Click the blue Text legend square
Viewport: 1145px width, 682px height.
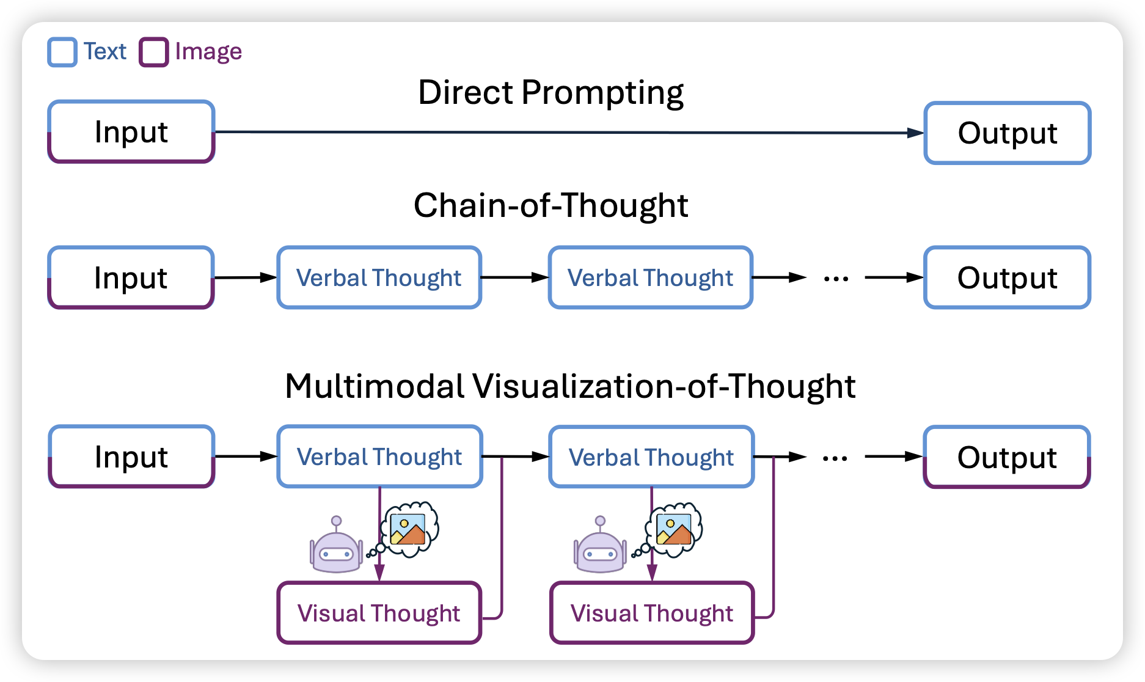62,52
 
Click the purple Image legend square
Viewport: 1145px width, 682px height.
154,52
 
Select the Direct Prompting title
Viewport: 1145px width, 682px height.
551,93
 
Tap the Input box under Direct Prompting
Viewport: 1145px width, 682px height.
131,132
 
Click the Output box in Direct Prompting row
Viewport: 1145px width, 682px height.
1008,133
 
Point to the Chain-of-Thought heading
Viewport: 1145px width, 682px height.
551,205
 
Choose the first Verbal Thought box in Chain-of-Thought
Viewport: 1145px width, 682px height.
379,277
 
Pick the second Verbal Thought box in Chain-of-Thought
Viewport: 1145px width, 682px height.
650,277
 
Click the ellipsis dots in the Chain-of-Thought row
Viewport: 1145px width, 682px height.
836,279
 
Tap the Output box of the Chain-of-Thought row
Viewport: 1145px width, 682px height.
1008,277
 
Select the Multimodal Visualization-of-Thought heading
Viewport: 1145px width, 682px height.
569,386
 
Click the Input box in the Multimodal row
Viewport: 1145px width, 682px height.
131,457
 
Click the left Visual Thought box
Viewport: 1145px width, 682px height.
379,613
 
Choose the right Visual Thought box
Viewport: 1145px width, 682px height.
652,613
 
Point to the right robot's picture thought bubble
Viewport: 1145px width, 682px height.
674,529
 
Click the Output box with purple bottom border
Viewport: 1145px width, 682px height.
1008,457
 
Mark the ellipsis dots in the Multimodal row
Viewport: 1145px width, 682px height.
835,458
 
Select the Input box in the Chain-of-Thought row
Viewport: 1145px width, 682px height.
131,277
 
